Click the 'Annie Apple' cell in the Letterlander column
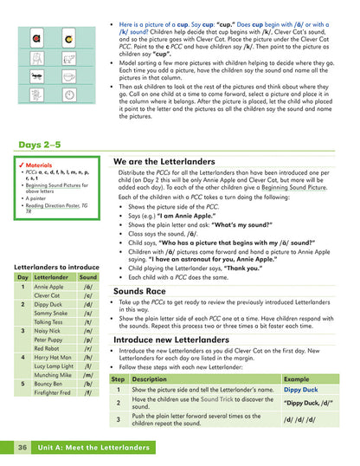coord(48,286)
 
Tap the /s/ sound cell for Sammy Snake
coord(87,314)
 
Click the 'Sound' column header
coord(88,276)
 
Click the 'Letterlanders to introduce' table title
coord(57,266)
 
